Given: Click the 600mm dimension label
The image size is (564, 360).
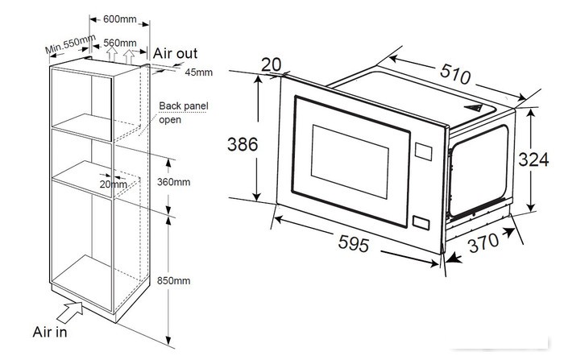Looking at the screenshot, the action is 120,19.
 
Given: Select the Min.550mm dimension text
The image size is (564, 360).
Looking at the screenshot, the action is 71,43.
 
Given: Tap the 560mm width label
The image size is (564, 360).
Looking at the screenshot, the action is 120,43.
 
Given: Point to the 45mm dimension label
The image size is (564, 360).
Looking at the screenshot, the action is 198,72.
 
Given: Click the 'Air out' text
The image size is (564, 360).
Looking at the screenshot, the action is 175,53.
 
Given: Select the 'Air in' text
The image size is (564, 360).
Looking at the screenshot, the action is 50,332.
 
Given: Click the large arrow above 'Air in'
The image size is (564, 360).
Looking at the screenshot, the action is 70,312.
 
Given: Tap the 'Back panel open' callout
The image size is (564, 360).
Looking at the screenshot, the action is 184,113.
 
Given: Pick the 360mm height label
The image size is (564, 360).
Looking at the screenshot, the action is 173,182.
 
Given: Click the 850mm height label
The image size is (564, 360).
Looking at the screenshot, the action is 173,280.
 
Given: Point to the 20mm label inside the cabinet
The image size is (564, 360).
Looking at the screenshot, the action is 114,184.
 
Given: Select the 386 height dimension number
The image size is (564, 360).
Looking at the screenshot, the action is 243,145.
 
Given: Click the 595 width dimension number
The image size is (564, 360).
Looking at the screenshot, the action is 354,243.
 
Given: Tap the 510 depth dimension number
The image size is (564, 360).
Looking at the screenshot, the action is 455,74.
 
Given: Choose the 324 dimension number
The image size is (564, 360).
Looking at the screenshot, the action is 533,159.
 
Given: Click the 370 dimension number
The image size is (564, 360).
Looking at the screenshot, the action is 483,242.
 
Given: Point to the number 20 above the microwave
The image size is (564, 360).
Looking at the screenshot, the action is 271,64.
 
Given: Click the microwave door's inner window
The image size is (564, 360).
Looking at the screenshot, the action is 350,162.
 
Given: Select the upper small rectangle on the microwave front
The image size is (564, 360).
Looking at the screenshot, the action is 423,151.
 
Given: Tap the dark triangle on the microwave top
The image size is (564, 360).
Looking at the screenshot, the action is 474,108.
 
